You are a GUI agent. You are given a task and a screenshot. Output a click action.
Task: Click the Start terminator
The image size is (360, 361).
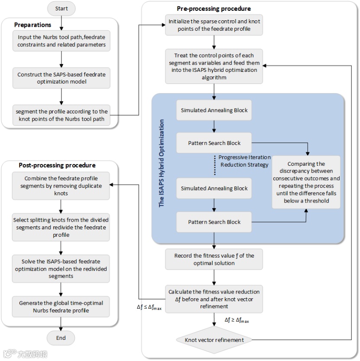(61, 8)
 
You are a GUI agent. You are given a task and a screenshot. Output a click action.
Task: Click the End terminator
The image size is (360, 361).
(61, 338)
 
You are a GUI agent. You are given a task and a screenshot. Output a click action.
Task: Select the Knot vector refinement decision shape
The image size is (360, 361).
(214, 340)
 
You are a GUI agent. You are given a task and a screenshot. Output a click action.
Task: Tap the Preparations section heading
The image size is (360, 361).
(33, 25)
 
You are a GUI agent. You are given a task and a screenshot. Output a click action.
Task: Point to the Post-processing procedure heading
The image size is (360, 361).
(57, 165)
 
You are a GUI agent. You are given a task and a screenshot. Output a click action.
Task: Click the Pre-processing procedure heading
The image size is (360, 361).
(214, 9)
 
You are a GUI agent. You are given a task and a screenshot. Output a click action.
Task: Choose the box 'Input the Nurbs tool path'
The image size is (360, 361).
(61, 42)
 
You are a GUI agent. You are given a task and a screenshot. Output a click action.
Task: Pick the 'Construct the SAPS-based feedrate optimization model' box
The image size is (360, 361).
(61, 77)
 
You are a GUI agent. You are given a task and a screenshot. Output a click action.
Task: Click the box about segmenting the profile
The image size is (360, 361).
(61, 115)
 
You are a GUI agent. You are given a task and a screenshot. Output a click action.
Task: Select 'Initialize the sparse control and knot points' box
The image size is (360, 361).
(214, 25)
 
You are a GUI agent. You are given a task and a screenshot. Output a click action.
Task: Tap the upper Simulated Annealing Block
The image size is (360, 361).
(214, 110)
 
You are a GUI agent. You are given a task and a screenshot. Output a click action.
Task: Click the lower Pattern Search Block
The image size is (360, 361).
(214, 222)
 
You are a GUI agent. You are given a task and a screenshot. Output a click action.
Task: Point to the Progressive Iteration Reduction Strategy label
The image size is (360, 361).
(244, 161)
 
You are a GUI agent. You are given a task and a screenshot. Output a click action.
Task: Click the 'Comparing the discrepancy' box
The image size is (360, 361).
(306, 182)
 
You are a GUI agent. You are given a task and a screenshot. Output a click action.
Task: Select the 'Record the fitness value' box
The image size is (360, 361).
(214, 259)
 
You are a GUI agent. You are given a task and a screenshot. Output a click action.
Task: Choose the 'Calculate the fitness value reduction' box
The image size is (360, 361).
(214, 299)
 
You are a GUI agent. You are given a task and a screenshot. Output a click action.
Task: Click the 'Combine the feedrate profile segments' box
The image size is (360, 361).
(61, 186)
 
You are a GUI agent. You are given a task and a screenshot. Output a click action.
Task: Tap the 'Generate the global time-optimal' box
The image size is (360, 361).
(61, 306)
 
